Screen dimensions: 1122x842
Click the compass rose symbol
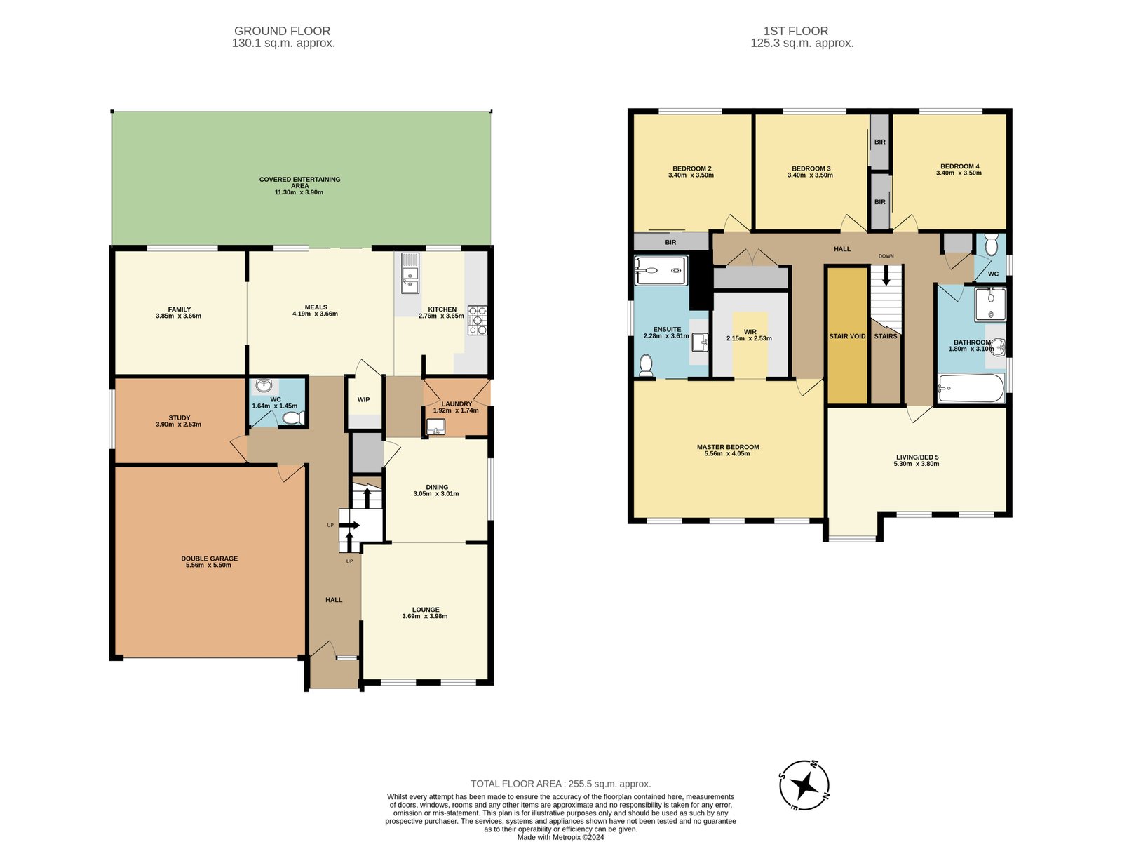pyautogui.click(x=804, y=785)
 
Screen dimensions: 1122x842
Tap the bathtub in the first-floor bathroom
pyautogui.click(x=971, y=388)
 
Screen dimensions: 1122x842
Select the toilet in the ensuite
pyautogui.click(x=646, y=366)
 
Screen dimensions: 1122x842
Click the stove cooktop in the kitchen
pyautogui.click(x=477, y=321)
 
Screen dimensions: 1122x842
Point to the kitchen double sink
pyautogui.click(x=410, y=274)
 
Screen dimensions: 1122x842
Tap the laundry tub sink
pyautogui.click(x=435, y=427)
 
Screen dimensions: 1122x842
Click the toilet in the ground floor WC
pyautogui.click(x=293, y=418)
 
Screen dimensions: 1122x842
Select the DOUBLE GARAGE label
pyautogui.click(x=209, y=559)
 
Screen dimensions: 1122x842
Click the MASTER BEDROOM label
pyautogui.click(x=728, y=447)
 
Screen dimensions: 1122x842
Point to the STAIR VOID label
pyautogui.click(x=847, y=336)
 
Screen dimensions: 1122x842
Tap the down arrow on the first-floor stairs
pyautogui.click(x=886, y=276)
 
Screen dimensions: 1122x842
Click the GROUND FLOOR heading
pyautogui.click(x=282, y=31)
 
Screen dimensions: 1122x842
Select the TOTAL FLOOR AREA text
pyautogui.click(x=561, y=784)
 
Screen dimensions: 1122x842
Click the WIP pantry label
pyautogui.click(x=363, y=399)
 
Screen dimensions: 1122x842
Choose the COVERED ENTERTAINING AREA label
pyautogui.click(x=299, y=182)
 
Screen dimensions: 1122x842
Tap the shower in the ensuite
pyautogui.click(x=661, y=270)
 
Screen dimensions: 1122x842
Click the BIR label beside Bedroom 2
pyautogui.click(x=670, y=242)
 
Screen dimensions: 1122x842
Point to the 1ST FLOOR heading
pyautogui.click(x=796, y=31)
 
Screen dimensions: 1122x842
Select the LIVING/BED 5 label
pyautogui.click(x=917, y=457)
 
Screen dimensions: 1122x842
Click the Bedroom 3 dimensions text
pyautogui.click(x=810, y=175)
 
